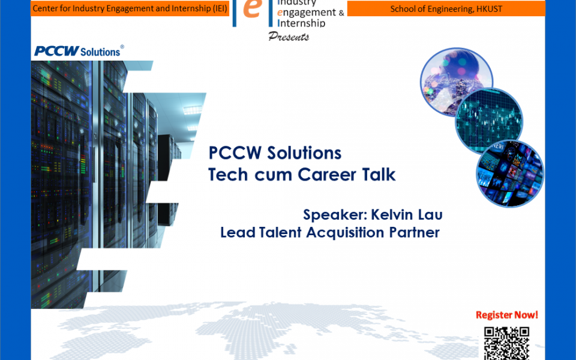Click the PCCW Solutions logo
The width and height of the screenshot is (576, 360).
[x=78, y=51]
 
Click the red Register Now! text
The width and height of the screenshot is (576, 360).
[x=506, y=315]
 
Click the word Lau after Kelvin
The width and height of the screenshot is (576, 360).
[x=431, y=215]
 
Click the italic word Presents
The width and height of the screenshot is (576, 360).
[x=289, y=37]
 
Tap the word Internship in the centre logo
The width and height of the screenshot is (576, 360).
[x=302, y=23]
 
